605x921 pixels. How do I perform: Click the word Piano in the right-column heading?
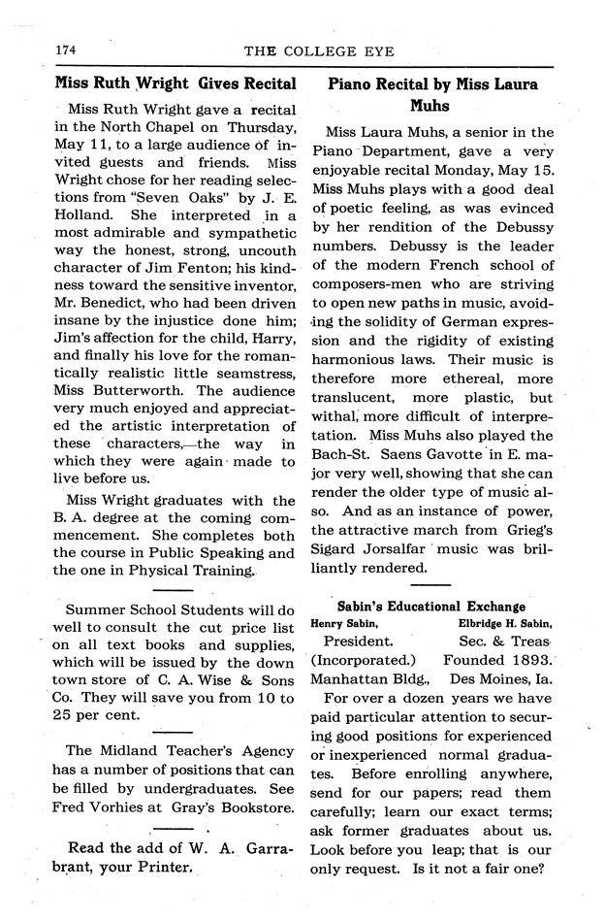[357, 84]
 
